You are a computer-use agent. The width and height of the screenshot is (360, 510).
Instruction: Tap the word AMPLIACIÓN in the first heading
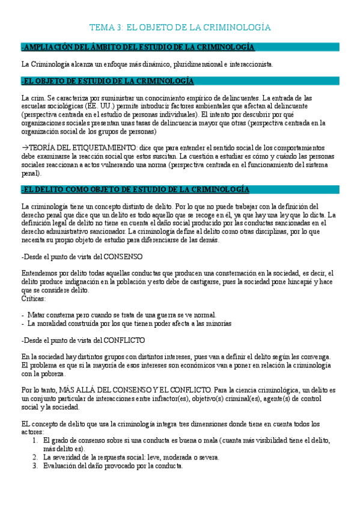pyautogui.click(x=49, y=48)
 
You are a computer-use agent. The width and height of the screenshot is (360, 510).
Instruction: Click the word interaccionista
pyautogui.click(x=251, y=64)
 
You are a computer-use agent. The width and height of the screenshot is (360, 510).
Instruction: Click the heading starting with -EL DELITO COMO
pyautogui.click(x=135, y=189)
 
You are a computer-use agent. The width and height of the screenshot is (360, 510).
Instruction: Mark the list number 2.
pyautogui.click(x=35, y=457)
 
